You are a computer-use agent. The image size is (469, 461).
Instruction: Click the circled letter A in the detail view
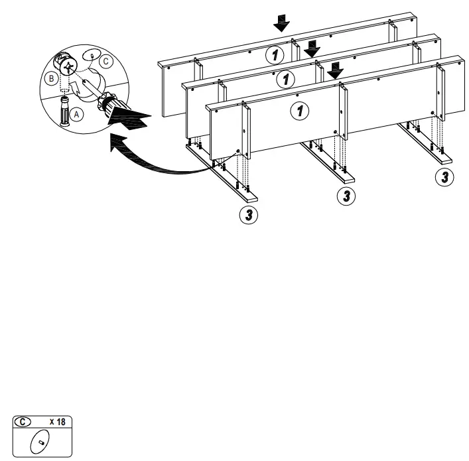tap(78, 115)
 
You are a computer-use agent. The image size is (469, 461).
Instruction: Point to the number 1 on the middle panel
tap(286, 79)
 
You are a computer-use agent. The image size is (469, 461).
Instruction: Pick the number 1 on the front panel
tap(301, 111)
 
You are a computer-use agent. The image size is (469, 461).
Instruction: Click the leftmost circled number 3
tap(249, 214)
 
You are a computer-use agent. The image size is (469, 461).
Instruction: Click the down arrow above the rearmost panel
tap(282, 24)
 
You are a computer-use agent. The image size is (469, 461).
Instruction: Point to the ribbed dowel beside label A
tap(65, 112)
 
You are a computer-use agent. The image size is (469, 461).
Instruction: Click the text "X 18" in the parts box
tap(57, 421)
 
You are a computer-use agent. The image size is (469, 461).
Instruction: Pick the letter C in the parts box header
tap(25, 421)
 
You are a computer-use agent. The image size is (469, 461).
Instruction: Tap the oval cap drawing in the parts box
tap(41, 440)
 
